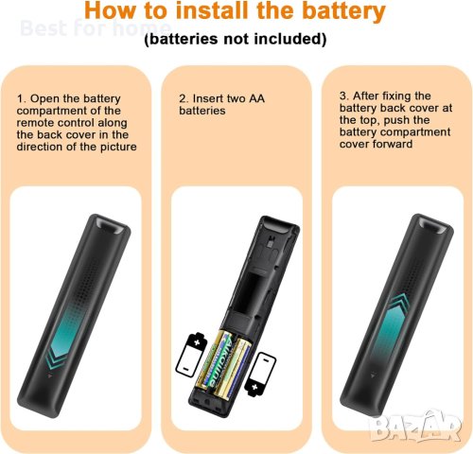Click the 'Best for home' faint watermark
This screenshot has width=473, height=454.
tap(96, 27)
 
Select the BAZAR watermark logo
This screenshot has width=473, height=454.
tap(416, 427)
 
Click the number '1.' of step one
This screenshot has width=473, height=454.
tap(22, 98)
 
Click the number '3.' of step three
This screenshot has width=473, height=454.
tap(344, 96)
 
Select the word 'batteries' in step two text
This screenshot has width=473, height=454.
tap(202, 111)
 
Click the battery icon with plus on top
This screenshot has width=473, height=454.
tap(191, 355)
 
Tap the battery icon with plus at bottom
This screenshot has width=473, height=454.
tap(260, 374)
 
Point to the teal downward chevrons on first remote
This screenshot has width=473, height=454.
tap(55, 358)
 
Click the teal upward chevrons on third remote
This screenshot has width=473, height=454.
tap(399, 303)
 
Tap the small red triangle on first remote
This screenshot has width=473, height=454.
tap(49, 375)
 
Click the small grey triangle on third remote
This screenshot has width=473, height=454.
tap(373, 375)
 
